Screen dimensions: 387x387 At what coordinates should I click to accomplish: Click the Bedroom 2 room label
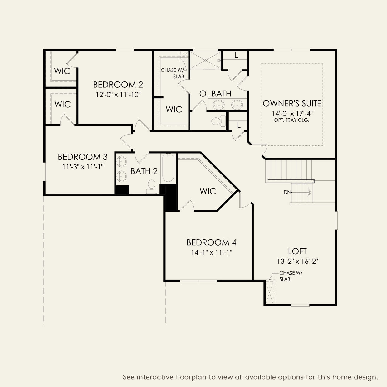point(118,85)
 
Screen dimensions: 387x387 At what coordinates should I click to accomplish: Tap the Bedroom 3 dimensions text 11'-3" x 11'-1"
point(83,167)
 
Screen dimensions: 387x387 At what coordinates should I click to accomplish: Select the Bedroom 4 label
point(212,242)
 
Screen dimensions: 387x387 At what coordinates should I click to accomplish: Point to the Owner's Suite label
point(292,103)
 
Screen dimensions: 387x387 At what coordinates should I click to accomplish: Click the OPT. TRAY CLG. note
point(291,120)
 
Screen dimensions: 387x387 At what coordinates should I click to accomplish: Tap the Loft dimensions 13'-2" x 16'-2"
point(298,262)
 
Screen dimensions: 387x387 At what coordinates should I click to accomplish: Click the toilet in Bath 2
point(152,187)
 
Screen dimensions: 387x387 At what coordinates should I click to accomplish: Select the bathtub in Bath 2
point(168,168)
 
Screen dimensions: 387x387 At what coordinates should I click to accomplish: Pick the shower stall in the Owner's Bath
point(205,60)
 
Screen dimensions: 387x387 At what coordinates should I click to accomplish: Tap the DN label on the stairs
point(287,192)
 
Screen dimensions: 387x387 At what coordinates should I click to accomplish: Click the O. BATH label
point(215,94)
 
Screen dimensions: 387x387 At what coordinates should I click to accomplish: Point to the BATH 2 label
point(144,171)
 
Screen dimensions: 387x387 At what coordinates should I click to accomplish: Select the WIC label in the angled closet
point(208,191)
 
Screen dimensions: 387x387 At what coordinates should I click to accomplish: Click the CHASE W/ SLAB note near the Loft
point(291,276)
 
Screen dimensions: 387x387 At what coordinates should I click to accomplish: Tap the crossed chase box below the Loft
point(270,292)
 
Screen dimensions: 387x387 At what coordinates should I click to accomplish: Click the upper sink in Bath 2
point(122,161)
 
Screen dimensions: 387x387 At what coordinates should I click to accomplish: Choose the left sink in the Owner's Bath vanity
point(218,105)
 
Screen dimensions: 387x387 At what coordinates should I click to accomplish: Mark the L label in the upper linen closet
point(236,56)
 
